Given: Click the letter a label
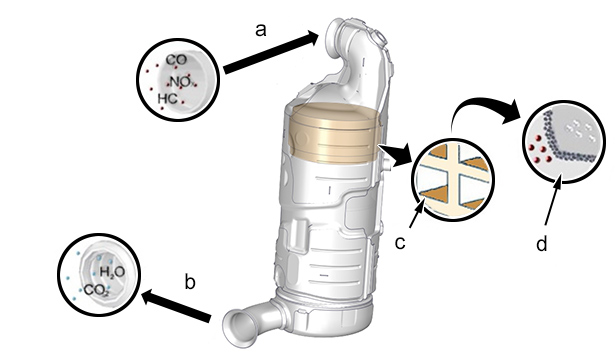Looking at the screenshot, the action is point(261,30).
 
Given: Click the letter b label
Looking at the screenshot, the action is point(190,282).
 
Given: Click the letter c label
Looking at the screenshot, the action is point(400,243).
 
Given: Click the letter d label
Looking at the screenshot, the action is point(541,243).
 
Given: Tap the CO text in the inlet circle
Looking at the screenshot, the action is point(176,60).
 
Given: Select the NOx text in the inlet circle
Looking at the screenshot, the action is point(180,82).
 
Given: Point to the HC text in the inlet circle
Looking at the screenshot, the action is point(168,98).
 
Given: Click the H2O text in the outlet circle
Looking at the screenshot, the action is point(112,272).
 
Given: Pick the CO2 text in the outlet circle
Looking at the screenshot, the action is point(96,291).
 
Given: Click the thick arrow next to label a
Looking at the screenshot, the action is point(271,52).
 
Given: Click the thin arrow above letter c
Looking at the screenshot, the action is point(417,213).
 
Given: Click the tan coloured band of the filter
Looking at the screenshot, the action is point(333,133).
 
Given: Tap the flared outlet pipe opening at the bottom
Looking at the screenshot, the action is point(238,328).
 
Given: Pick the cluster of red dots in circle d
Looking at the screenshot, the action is point(540,149).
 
